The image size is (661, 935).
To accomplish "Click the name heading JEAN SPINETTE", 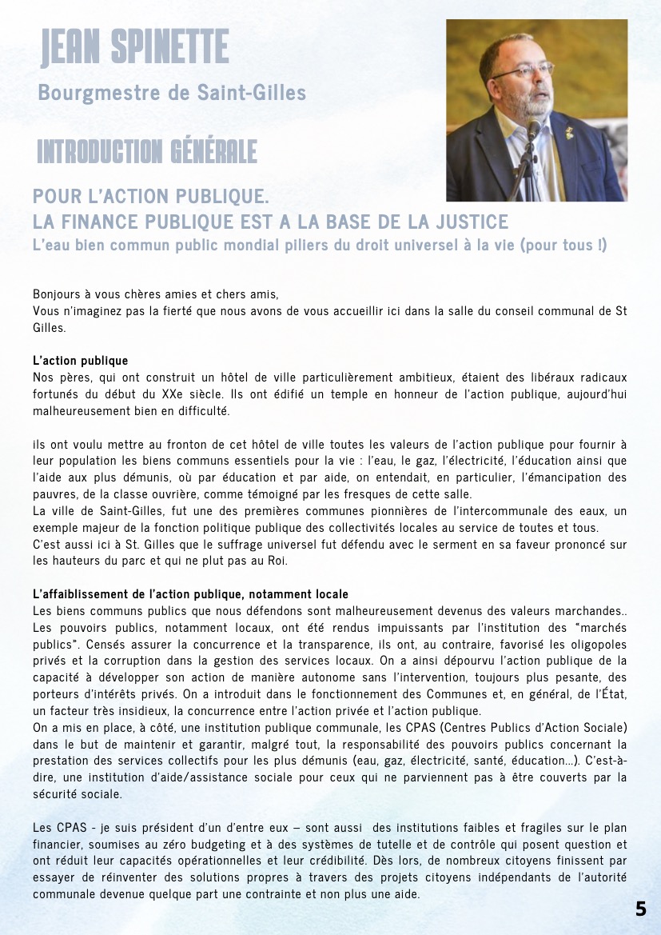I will point(135,48).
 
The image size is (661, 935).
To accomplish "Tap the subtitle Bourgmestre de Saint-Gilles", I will point(172,93).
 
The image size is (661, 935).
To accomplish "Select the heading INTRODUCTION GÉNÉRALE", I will point(147,150).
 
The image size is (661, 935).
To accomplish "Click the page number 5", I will point(641,909).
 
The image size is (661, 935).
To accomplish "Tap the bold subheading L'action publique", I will point(80,361).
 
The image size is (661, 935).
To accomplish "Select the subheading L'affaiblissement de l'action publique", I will point(190,593).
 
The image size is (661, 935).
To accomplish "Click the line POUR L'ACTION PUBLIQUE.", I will point(150,196).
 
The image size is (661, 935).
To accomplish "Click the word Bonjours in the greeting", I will point(57,294).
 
